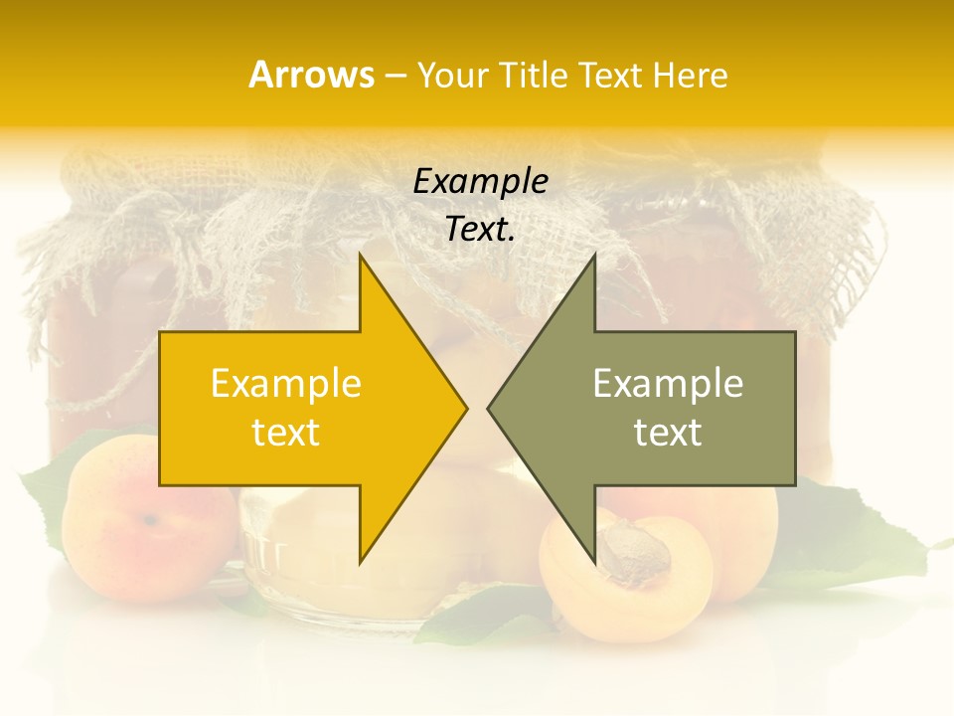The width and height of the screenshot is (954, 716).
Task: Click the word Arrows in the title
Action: tap(311, 75)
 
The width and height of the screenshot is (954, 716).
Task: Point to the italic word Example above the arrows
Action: tap(480, 181)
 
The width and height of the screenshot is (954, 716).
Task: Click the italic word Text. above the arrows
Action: tap(480, 230)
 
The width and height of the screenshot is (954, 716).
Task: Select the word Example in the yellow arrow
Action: tap(286, 383)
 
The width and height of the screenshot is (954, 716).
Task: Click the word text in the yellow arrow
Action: tap(286, 433)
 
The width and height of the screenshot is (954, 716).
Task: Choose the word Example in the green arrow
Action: tap(668, 383)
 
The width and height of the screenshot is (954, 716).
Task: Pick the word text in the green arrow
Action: tap(668, 433)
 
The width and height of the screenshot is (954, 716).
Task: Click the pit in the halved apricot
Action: tap(632, 553)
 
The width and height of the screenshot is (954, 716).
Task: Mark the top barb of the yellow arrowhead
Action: tap(362, 258)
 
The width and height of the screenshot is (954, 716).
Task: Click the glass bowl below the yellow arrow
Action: tap(298, 557)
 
